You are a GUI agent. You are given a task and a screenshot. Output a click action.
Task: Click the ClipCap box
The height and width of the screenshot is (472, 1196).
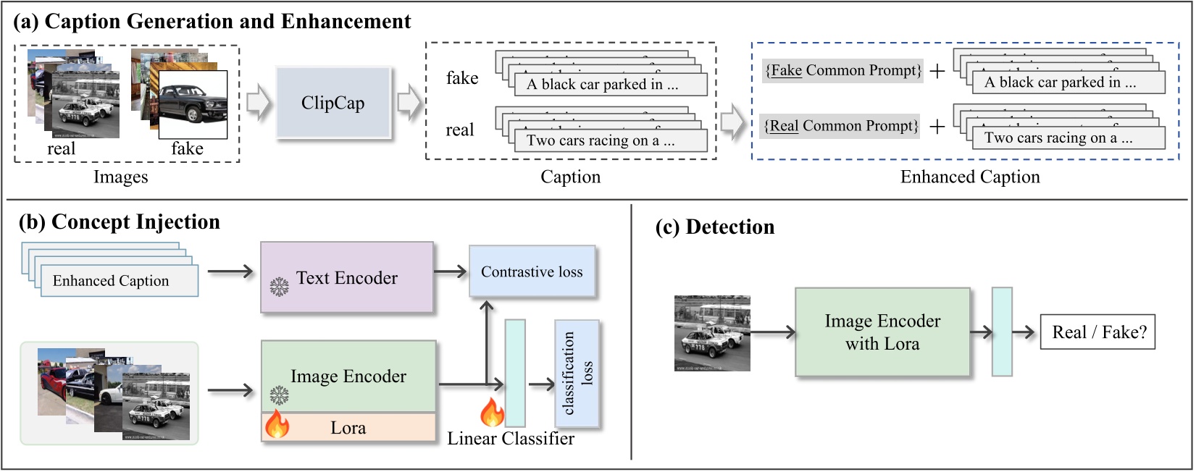(333, 103)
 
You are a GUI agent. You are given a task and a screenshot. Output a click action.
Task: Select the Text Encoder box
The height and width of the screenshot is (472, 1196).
(347, 277)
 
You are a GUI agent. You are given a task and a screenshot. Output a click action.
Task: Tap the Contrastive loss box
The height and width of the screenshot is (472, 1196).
(532, 271)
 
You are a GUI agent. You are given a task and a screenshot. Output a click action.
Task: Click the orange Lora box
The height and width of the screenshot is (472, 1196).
(348, 428)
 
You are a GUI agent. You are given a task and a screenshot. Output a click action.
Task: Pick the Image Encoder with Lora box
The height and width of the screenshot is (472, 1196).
(882, 332)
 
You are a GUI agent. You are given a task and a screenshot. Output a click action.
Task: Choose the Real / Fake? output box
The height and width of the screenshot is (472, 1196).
(1098, 332)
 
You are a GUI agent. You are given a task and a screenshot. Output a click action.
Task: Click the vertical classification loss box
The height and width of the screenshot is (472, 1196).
(577, 374)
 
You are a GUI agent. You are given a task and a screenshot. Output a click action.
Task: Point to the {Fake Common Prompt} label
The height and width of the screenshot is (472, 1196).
(843, 70)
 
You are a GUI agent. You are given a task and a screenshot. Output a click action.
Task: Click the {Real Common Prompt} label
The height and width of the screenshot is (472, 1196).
(841, 126)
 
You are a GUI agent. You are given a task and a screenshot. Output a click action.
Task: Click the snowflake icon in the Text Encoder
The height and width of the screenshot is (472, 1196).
(279, 287)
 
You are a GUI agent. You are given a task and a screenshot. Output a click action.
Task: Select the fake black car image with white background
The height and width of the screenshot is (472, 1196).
(193, 104)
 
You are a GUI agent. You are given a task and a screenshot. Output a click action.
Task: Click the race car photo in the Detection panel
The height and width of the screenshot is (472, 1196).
(711, 333)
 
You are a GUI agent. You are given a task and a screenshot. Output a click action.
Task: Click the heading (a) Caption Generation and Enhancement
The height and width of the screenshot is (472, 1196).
(212, 22)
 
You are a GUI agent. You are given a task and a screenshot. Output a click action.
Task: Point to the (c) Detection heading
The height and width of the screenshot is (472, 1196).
(714, 227)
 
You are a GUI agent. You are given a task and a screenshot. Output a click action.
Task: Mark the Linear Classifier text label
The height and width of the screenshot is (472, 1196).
(511, 439)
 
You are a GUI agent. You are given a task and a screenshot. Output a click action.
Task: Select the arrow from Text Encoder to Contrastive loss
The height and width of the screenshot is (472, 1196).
(451, 271)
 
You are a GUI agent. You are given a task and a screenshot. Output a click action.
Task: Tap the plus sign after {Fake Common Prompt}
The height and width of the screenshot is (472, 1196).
(937, 71)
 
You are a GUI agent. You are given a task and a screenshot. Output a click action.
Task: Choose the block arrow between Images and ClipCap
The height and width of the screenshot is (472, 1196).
(257, 104)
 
